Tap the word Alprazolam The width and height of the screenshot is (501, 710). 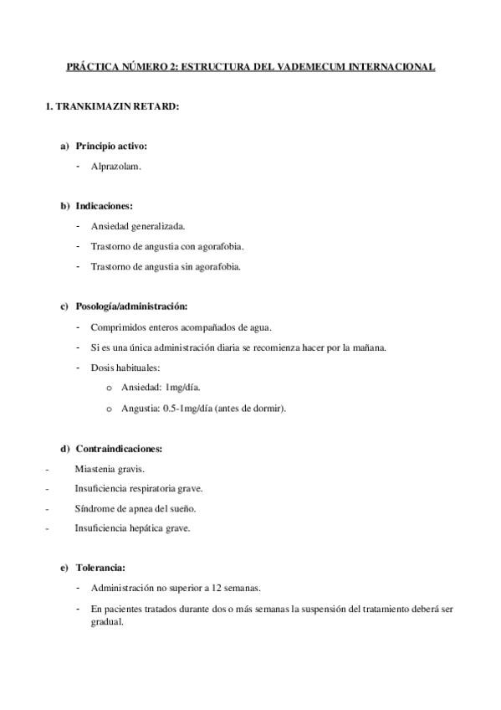click(116, 166)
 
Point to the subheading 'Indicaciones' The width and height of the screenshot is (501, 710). click(104, 205)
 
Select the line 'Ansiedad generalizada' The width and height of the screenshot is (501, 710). click(138, 226)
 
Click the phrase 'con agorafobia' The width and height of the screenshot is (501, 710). click(212, 246)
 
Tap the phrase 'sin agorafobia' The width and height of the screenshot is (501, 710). click(211, 266)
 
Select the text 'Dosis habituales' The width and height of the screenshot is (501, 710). click(125, 368)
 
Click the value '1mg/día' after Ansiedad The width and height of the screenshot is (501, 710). click(182, 388)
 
